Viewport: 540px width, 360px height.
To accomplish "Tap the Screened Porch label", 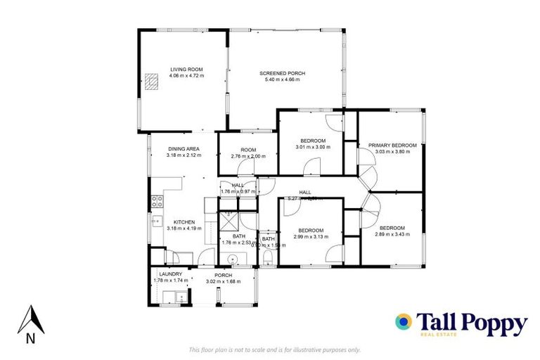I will tap(279, 74).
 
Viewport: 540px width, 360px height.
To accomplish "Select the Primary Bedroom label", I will tap(392, 146).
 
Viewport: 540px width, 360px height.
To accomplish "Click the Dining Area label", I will tap(184, 149).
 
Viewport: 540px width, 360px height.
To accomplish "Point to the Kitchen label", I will tap(184, 222).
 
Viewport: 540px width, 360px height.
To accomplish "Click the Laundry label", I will tap(170, 274).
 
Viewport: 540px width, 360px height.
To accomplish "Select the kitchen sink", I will tap(156, 222).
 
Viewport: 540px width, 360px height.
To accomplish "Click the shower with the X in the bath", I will tap(227, 221).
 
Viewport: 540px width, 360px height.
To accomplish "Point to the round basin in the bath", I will tap(232, 257).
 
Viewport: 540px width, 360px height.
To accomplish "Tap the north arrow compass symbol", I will tap(30, 319).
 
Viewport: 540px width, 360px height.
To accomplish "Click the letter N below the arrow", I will tap(30, 338).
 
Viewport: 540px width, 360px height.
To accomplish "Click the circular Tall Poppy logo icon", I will tap(404, 322).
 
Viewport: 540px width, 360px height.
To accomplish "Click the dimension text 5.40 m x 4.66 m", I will tap(279, 80).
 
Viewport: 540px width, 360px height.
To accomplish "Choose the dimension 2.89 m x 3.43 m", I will tap(392, 234).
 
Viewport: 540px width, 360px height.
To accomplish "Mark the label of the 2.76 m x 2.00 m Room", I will tap(247, 149).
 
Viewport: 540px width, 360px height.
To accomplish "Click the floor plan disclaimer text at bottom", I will tap(275, 349).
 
